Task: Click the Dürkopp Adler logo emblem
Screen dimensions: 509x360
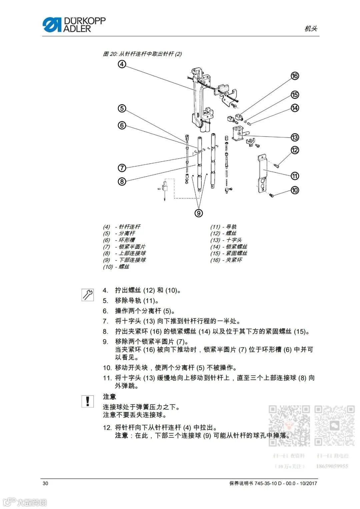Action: [x=52, y=25]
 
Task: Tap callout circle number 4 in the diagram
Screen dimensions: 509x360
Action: [x=122, y=64]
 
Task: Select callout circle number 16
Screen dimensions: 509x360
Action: [x=295, y=76]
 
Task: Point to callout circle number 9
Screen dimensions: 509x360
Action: [x=199, y=213]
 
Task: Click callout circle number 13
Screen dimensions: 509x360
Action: [x=295, y=137]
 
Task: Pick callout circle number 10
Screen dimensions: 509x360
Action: [x=295, y=190]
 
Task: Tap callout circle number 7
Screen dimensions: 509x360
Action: [x=122, y=168]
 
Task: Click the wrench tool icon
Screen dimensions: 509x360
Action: [x=88, y=294]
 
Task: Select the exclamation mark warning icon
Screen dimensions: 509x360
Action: [x=88, y=401]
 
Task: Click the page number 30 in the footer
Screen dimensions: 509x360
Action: [x=45, y=483]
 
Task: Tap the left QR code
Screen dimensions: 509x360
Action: [x=289, y=425]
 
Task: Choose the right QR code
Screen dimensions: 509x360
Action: [x=334, y=425]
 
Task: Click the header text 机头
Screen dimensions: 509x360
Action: [x=311, y=29]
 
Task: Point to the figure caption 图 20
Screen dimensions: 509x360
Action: [x=142, y=54]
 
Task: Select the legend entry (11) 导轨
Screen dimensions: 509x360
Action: [x=223, y=227]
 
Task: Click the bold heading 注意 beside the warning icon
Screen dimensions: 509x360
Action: [x=109, y=397]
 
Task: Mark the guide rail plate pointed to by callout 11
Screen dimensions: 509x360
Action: [x=263, y=173]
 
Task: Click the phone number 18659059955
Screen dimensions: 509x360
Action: [x=332, y=466]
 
